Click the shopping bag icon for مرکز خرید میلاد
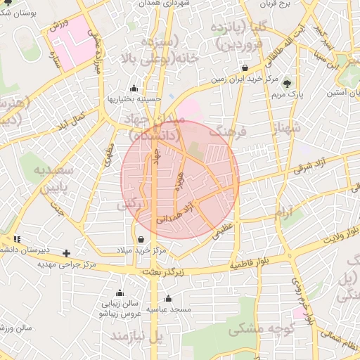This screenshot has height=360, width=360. coord(141,240)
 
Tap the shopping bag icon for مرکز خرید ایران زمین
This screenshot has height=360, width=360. coord(244,68)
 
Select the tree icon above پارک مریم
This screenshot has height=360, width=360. coord(286,83)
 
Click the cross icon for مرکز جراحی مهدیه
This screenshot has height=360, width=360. coord(67,252)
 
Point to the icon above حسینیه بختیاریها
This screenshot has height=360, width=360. coord(134,89)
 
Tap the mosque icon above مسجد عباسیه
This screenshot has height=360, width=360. coord(168,298)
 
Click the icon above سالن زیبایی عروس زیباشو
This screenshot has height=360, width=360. coord(120,292)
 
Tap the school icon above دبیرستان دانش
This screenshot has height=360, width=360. coord(16,239)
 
